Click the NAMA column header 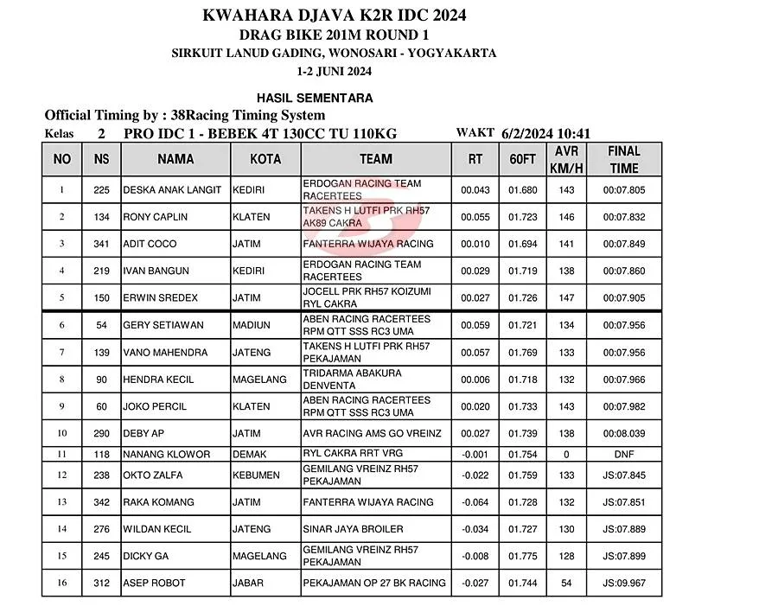[x=175, y=159]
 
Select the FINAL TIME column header [x=623, y=159]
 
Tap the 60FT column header [x=523, y=159]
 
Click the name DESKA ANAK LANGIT [x=172, y=190]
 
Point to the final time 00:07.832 [x=623, y=217]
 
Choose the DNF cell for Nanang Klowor [x=623, y=454]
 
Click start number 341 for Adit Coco [x=102, y=244]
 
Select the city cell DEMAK [x=250, y=454]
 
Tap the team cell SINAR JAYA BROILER [x=354, y=529]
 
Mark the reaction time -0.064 [x=475, y=502]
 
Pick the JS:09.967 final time [x=623, y=584]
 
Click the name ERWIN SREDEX [x=161, y=298]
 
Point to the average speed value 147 [x=566, y=298]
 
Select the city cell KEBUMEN [x=256, y=475]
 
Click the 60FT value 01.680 [x=523, y=190]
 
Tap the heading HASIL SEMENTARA [x=315, y=98]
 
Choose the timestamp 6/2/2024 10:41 [x=545, y=133]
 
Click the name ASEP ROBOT [x=155, y=584]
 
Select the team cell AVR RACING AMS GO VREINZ [x=373, y=433]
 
